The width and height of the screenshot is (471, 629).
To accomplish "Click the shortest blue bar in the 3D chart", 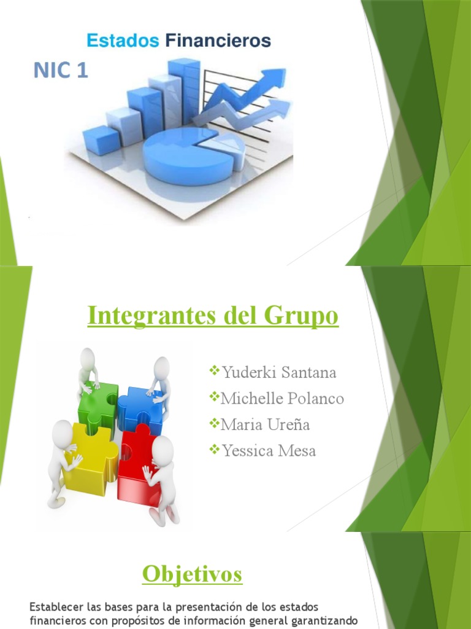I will pos(101,138).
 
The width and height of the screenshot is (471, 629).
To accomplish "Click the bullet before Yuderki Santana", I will pos(215,370).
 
